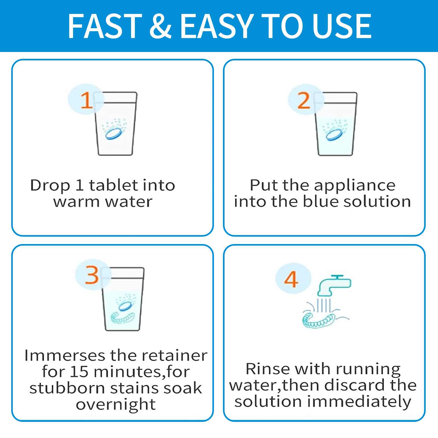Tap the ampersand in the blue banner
coord(161,26)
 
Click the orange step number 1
coord(86,100)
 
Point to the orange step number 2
coord(304,100)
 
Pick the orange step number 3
coord(92,275)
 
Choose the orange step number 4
coord(291,279)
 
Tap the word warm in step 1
coord(76,202)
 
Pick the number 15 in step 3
coord(79,372)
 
